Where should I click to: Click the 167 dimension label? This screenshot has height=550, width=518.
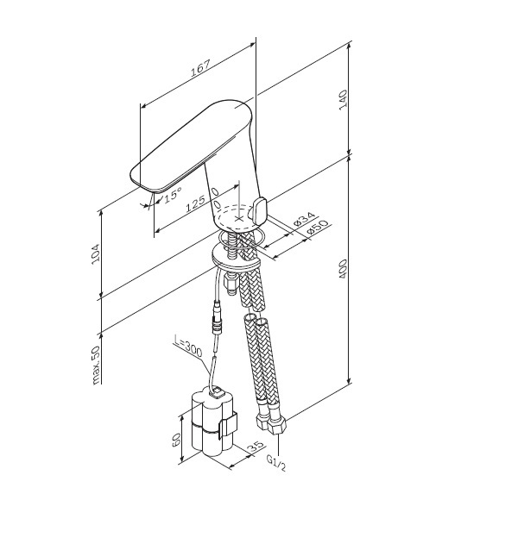(200, 68)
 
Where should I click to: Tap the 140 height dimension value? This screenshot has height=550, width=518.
(343, 100)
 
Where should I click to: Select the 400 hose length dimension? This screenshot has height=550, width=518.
(343, 269)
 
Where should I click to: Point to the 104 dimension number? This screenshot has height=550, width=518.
(96, 254)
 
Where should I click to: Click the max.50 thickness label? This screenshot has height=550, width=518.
(96, 366)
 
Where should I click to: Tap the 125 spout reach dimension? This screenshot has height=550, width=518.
(195, 203)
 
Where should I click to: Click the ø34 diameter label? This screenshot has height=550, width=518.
(305, 219)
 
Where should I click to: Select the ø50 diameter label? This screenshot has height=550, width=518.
(317, 228)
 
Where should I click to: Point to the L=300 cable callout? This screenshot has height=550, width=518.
(188, 347)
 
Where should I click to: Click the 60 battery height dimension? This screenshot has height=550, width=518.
(176, 440)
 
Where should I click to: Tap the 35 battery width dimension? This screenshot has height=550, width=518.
(256, 447)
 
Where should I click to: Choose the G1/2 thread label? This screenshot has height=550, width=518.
(276, 463)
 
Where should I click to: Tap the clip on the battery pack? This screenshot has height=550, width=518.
(228, 425)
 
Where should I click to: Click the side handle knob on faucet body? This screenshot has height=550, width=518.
(259, 212)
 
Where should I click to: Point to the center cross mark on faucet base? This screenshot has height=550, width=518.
(239, 218)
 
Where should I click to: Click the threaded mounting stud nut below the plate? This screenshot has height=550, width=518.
(232, 284)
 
